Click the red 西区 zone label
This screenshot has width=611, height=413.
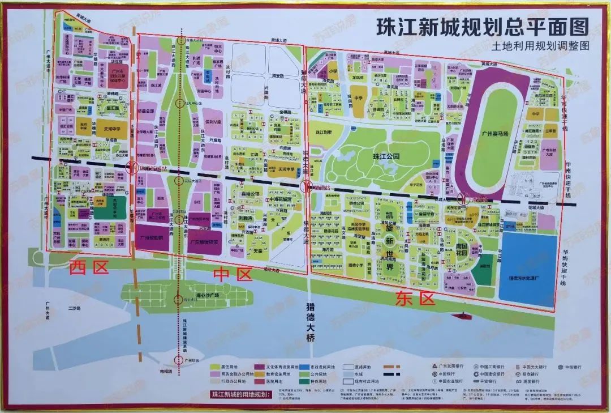click(x=89, y=267)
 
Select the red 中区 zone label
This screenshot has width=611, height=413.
click(x=231, y=275)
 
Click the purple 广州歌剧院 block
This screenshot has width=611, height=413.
click(x=152, y=238)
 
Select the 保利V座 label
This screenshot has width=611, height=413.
click(x=213, y=121)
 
